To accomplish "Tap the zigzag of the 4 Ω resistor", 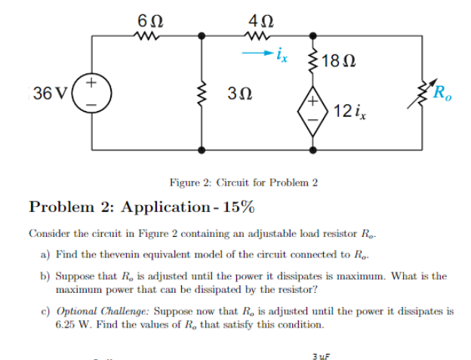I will pyautogui.click(x=255, y=34).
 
